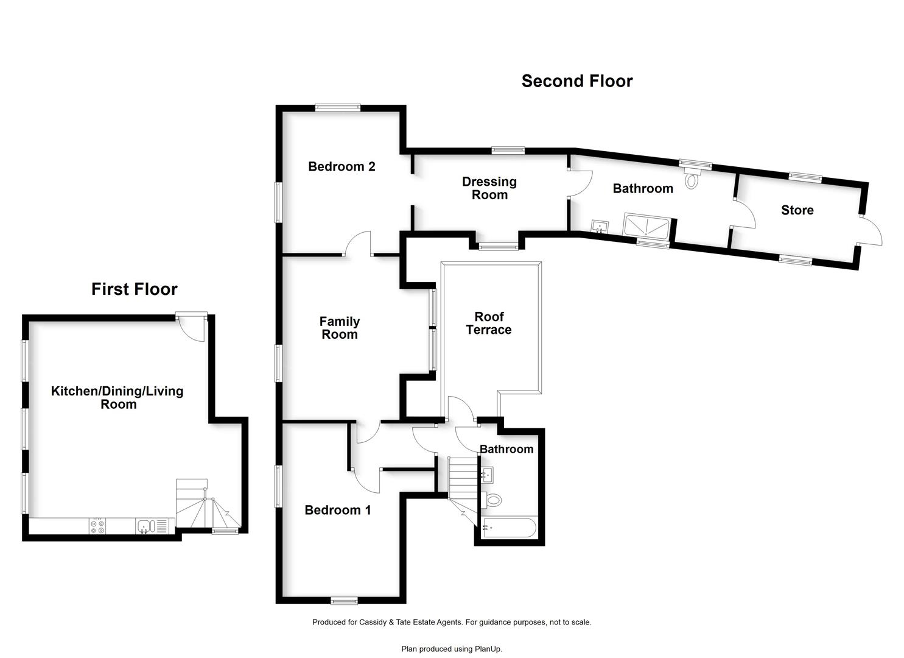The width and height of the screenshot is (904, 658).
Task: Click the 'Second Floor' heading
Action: [x=576, y=81]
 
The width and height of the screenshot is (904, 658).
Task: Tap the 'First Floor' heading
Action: [x=135, y=289]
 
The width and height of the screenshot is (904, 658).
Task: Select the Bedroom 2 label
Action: [x=342, y=166]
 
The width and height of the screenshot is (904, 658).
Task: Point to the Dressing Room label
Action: [x=489, y=188]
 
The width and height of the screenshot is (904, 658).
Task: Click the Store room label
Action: [x=797, y=210]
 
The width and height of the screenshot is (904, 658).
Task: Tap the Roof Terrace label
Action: [x=489, y=323]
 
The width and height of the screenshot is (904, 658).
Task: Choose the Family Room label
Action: [x=340, y=328]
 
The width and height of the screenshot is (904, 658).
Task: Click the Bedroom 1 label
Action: [x=337, y=510]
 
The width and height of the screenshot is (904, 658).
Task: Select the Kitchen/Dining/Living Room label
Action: [x=117, y=397]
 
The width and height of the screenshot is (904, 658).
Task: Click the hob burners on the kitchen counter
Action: [x=97, y=526]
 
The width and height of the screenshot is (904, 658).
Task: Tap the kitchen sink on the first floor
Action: [x=144, y=526]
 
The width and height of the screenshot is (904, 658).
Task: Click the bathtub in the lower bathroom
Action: [x=509, y=528]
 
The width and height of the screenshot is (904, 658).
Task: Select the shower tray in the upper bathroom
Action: [x=646, y=225]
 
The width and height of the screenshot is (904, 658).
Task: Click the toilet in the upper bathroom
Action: [x=692, y=179]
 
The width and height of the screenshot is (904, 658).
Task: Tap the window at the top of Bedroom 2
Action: [x=338, y=107]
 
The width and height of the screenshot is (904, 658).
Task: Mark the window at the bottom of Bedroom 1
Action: [x=344, y=601]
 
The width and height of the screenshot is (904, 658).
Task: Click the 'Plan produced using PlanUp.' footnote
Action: [x=452, y=649]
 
